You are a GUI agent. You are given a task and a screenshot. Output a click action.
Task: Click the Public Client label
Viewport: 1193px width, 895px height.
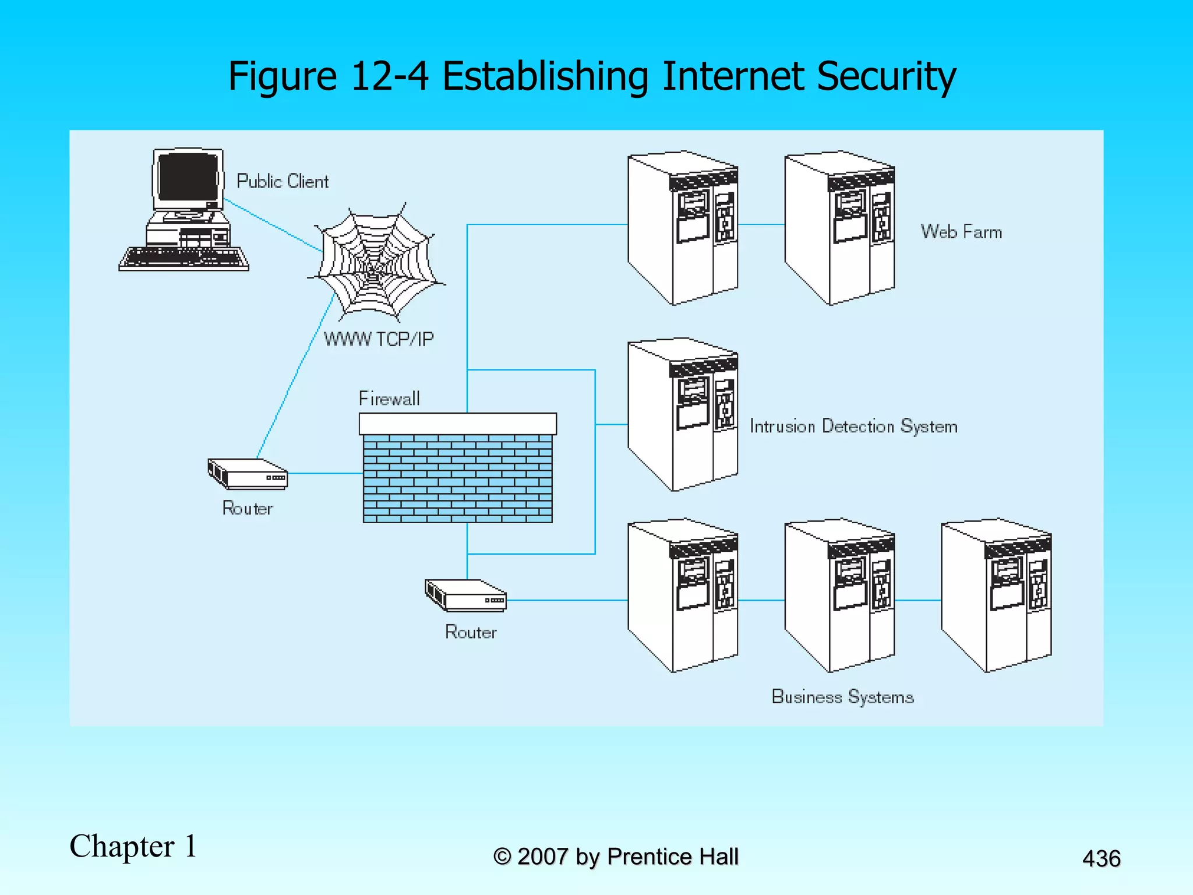(282, 181)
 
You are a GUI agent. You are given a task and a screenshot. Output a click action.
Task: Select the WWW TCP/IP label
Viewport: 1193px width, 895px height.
(379, 339)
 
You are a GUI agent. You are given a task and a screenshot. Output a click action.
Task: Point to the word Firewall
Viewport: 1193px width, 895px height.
(389, 399)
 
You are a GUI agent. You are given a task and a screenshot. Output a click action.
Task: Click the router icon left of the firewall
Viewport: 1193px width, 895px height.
(248, 473)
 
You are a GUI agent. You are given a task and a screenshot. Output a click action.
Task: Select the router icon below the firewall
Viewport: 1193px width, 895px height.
(465, 595)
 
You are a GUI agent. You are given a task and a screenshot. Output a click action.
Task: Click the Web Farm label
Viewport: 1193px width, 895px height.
(961, 232)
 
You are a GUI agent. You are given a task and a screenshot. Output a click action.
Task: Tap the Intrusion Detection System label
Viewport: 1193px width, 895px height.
(853, 427)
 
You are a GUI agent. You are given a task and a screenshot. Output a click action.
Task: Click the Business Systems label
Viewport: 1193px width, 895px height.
(842, 697)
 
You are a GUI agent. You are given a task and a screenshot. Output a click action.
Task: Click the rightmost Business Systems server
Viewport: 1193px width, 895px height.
(997, 596)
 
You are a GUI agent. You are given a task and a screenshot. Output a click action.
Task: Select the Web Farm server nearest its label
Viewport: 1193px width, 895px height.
(839, 228)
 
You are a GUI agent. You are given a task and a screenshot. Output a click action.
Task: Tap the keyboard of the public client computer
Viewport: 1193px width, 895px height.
(183, 258)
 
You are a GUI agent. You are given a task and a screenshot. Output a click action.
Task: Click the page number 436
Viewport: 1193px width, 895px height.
(1101, 859)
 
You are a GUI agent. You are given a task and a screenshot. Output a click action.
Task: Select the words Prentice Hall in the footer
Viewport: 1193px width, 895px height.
(672, 857)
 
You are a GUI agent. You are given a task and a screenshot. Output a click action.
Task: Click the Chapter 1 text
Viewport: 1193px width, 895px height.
(133, 846)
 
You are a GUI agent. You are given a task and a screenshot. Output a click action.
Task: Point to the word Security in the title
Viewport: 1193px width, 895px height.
(886, 76)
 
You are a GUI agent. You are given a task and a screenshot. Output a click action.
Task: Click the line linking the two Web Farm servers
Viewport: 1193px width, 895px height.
(761, 224)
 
